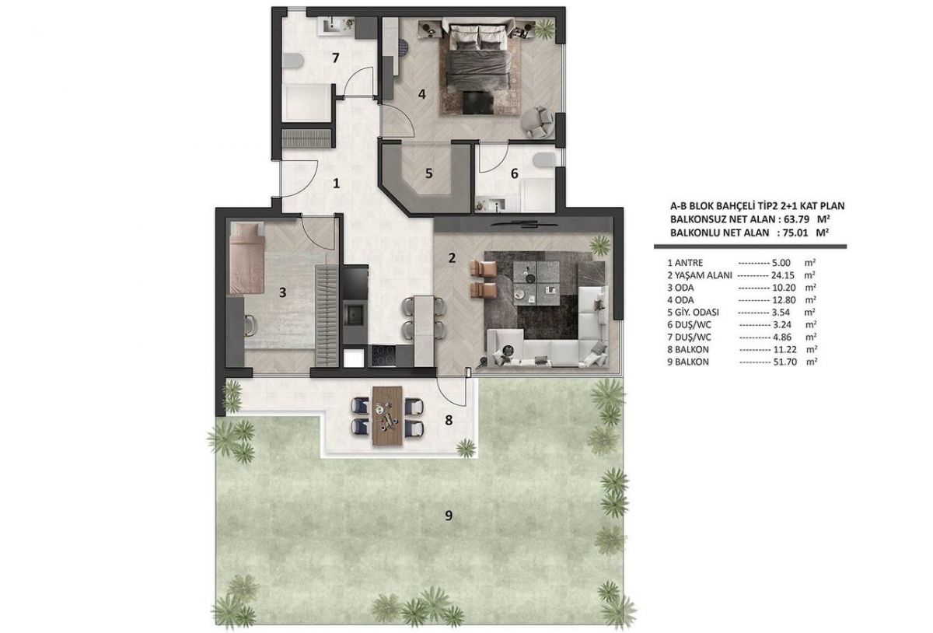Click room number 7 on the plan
tap(335, 58)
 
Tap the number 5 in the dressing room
tap(429, 173)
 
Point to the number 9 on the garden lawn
tap(449, 516)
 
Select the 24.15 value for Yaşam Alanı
tap(783, 275)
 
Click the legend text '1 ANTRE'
tap(685, 263)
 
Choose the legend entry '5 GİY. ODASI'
tap(693, 312)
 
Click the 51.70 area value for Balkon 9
tap(785, 362)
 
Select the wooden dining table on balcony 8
tap(387, 416)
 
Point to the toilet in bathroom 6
tap(544, 159)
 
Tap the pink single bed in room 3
tap(246, 258)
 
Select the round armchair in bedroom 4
tap(538, 121)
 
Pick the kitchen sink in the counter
tap(355, 315)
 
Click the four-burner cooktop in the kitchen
tap(383, 355)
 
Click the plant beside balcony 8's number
tap(466, 449)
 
